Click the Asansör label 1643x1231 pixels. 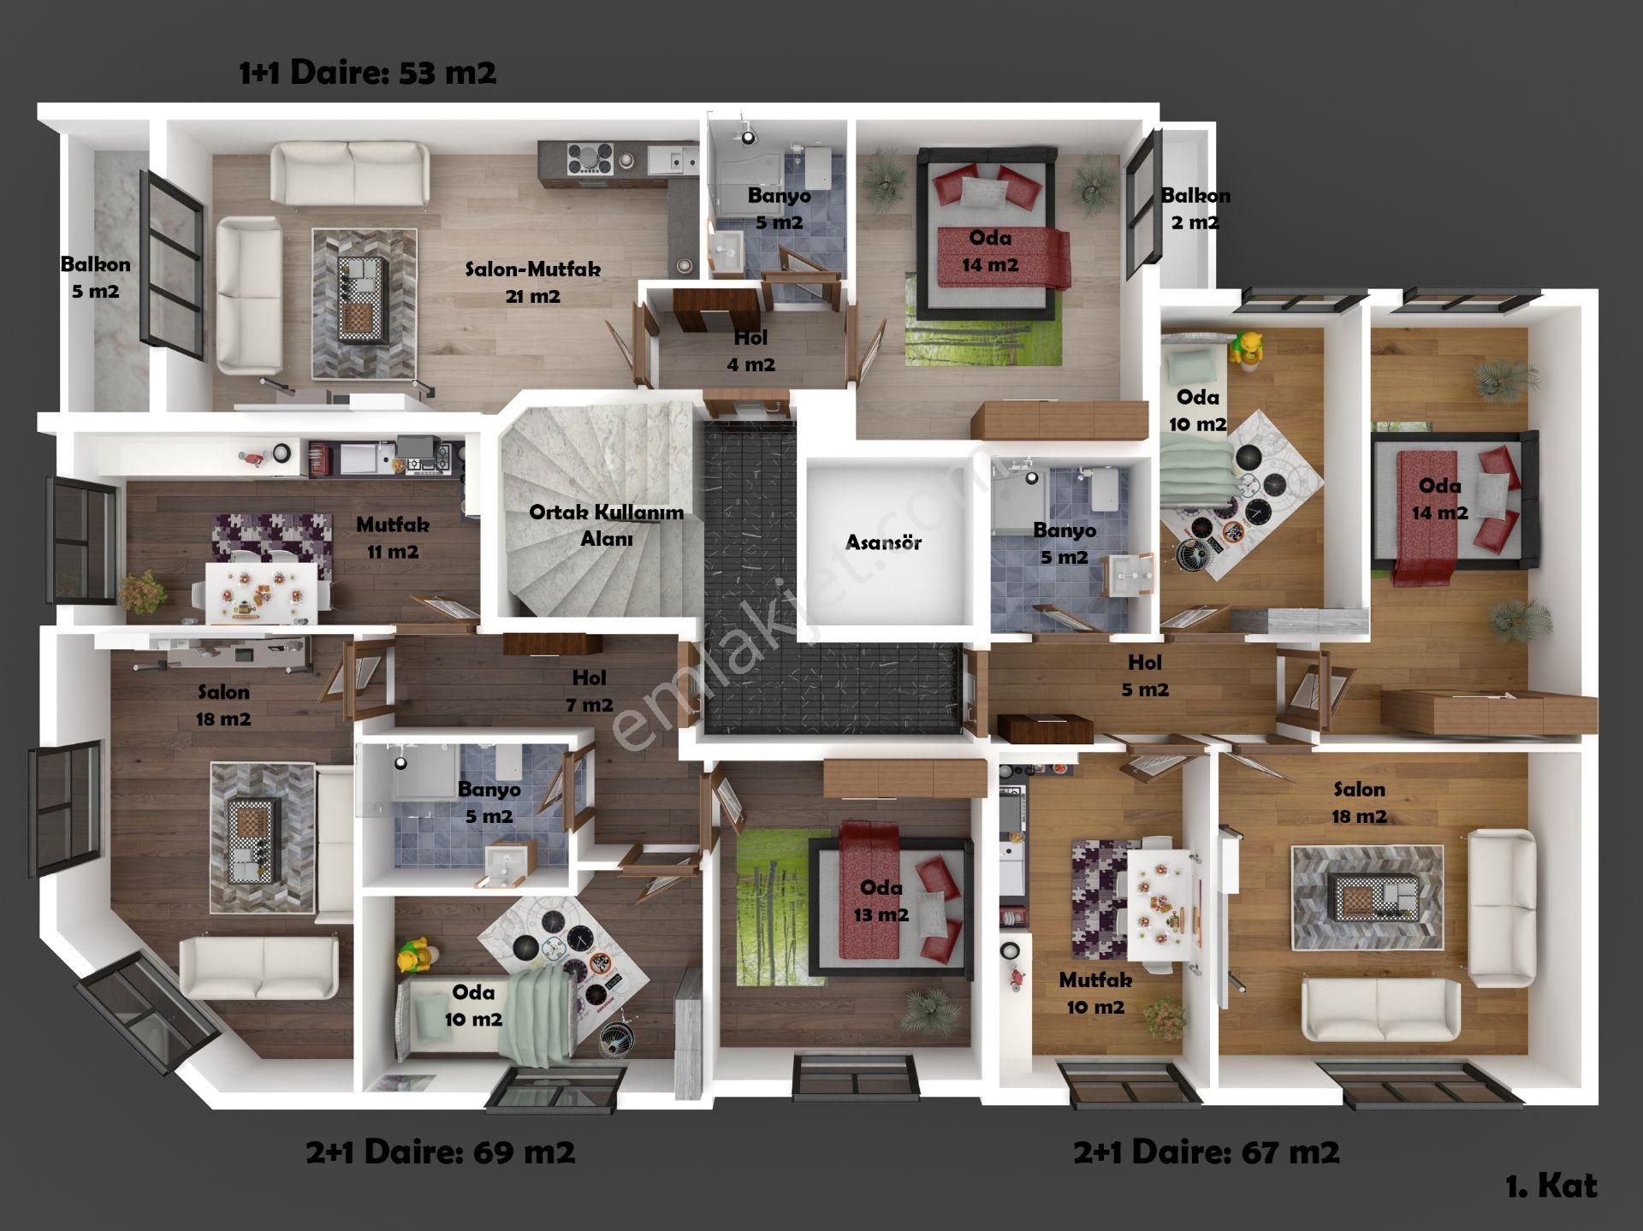[x=883, y=542]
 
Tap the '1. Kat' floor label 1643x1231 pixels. [x=1551, y=1186]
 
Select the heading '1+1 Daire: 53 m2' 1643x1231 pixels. [x=368, y=73]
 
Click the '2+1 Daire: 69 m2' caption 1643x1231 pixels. [x=441, y=1152]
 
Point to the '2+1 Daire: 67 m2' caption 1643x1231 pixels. [x=1207, y=1152]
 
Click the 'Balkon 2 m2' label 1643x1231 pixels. [x=1195, y=209]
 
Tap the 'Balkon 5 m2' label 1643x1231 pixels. [x=95, y=277]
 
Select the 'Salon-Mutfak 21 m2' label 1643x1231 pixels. [x=532, y=282]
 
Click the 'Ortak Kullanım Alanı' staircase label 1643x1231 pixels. [x=606, y=525]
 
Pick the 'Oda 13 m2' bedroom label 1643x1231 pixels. [x=881, y=901]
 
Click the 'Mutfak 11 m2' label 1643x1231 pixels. [x=393, y=538]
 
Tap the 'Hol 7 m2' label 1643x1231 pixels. [x=589, y=691]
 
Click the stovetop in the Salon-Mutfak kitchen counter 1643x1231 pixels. [x=590, y=159]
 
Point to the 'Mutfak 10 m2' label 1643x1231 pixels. [x=1095, y=993]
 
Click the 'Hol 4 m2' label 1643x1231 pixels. [x=750, y=351]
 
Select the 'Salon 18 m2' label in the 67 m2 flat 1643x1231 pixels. [x=1359, y=802]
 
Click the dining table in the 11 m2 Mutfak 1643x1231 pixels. [x=261, y=593]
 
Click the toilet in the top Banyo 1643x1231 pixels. [x=816, y=167]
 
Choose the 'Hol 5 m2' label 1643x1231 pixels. [x=1145, y=676]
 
